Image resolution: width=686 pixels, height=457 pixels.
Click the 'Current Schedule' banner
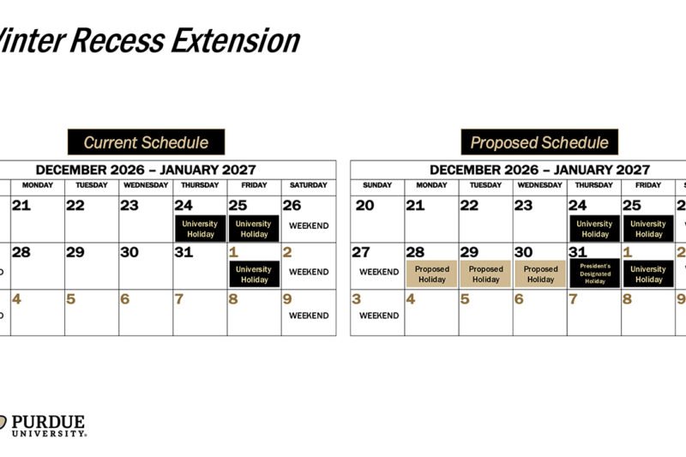pyautogui.click(x=146, y=142)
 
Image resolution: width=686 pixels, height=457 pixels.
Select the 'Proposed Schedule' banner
pyautogui.click(x=539, y=142)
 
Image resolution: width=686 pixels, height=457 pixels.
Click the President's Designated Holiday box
pyautogui.click(x=594, y=274)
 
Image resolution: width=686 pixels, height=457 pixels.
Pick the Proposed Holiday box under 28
pyautogui.click(x=431, y=274)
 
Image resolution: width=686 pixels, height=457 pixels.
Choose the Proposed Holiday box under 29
pyautogui.click(x=485, y=274)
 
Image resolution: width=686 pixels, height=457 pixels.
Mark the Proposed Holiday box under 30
pyautogui.click(x=540, y=274)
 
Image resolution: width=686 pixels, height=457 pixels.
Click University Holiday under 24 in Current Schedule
pyautogui.click(x=200, y=229)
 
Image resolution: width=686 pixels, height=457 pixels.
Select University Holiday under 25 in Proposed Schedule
pyautogui.click(x=648, y=229)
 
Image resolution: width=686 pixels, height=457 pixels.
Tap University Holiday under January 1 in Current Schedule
pyautogui.click(x=255, y=274)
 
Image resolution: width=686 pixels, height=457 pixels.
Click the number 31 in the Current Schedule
pyautogui.click(x=184, y=253)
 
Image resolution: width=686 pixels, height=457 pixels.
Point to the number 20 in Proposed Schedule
pyautogui.click(x=364, y=206)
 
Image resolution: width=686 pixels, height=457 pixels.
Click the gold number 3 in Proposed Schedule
pyautogui.click(x=358, y=299)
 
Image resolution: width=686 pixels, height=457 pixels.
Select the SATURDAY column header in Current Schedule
pyautogui.click(x=308, y=185)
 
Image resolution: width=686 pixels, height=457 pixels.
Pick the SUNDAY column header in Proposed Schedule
pyautogui.click(x=377, y=185)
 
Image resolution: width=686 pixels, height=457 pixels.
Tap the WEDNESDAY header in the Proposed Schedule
pyautogui.click(x=539, y=185)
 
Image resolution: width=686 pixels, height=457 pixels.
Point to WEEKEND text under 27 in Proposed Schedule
pyautogui.click(x=378, y=272)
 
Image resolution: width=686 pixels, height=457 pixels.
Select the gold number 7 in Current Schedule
pyautogui.click(x=178, y=299)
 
